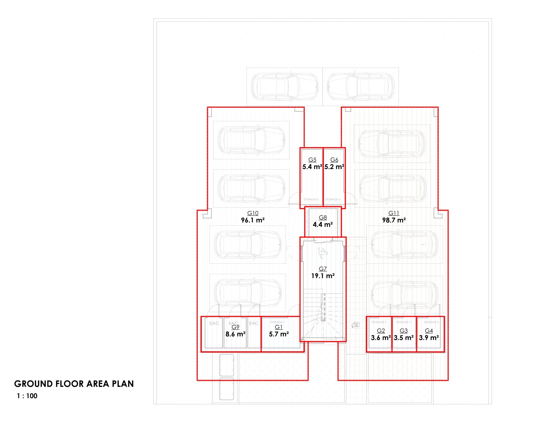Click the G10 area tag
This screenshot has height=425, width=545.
point(253,213)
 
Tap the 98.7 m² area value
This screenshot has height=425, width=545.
point(394,220)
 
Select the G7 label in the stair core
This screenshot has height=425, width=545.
point(323,269)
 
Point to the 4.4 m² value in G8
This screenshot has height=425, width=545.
point(323,224)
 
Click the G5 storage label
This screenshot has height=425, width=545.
point(312,160)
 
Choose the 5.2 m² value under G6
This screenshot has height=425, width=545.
point(334,167)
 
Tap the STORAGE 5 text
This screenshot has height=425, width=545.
point(311,200)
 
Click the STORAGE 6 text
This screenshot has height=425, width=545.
point(333,200)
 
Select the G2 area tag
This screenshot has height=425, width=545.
point(381,331)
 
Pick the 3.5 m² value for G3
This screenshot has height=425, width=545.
point(404,338)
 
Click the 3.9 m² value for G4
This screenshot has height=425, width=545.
point(429,338)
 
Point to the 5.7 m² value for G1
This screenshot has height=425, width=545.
point(279,334)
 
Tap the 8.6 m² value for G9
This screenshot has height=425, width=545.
point(235,334)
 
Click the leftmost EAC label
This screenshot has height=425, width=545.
point(214,323)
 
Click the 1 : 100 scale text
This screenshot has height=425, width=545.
point(27,396)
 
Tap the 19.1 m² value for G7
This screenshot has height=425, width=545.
point(323,276)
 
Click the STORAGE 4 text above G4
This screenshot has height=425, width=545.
point(431,322)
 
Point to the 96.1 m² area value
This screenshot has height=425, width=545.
point(253,220)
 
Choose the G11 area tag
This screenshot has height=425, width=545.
point(394,213)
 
